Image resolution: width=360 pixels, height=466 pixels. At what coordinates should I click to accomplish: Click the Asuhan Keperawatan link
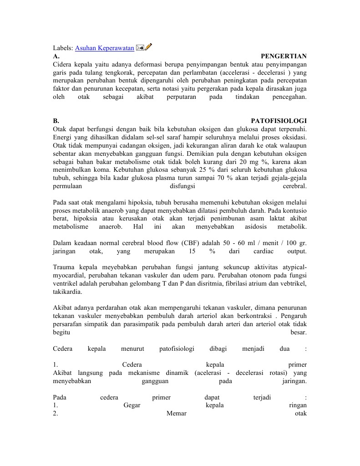104,48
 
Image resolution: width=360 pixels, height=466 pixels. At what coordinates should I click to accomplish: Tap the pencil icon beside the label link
149,47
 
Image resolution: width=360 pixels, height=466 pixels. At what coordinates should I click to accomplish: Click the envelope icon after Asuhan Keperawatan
140,47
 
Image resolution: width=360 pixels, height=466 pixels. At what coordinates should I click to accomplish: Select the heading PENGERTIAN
284,56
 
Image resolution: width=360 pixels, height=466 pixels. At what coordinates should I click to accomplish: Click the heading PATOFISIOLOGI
279,121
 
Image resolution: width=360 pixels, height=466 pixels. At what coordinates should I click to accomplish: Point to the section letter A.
56,56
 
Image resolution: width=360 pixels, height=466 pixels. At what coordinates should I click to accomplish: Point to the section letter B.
56,121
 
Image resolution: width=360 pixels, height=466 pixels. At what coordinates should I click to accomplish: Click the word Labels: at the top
63,48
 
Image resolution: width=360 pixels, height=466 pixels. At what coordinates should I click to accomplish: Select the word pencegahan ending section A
289,97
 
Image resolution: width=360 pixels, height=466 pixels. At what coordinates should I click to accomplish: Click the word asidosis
248,226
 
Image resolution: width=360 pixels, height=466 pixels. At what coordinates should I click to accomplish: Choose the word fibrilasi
232,284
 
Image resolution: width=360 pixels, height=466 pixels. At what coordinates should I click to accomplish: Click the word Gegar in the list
132,405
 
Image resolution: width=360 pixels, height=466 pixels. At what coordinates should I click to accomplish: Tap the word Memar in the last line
177,413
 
